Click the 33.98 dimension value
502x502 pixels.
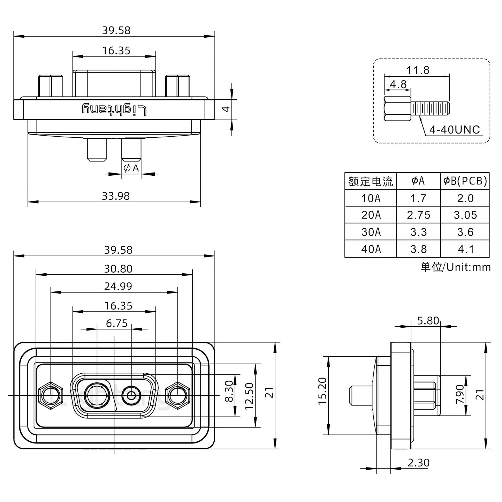coord(115,196)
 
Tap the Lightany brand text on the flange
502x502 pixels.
coord(114,109)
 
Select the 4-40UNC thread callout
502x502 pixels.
coord(455,130)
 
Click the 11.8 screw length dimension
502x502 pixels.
coord(418,70)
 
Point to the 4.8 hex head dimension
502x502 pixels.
coord(398,84)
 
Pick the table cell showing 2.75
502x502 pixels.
coord(418,215)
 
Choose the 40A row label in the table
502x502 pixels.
coord(371,249)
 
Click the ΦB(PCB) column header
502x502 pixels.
coord(465,181)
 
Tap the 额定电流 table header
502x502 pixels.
coord(371,181)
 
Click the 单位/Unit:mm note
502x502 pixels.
coord(455,267)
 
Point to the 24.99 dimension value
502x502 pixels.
coord(118,287)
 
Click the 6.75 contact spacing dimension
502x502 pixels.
coord(116,324)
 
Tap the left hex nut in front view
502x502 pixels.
coord(51,396)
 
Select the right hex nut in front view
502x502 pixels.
coord(178,396)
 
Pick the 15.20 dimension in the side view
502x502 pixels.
coord(322,396)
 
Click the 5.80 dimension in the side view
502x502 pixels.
coord(428,321)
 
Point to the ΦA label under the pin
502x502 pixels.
coord(131,168)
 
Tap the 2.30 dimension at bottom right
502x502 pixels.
coord(418,463)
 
